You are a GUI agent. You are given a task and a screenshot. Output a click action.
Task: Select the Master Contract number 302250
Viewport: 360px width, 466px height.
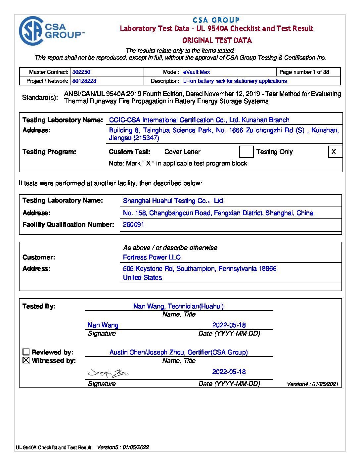pos(81,72)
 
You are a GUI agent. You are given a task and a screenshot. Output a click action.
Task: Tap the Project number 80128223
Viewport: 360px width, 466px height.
pos(84,81)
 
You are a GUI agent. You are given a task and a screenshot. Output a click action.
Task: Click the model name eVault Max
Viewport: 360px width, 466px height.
pos(197,72)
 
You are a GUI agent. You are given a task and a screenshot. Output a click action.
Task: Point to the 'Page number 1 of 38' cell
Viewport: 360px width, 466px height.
pos(304,72)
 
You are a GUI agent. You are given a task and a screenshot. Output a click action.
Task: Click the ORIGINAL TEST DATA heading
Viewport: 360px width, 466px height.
pos(217,40)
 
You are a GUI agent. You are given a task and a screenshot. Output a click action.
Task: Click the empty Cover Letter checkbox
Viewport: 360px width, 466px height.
pos(246,152)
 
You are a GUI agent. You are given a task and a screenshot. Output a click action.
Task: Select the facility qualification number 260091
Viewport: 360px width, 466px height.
pos(133,225)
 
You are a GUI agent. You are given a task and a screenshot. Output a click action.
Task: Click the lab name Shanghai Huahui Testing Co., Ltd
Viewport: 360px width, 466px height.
pos(173,201)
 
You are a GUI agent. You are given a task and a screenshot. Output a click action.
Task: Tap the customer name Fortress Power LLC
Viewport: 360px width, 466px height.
pos(152,257)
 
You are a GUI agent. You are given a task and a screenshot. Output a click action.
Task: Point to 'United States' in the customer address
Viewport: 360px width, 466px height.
pos(142,278)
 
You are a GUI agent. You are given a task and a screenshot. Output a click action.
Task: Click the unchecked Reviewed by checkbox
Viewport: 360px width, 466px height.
pos(26,352)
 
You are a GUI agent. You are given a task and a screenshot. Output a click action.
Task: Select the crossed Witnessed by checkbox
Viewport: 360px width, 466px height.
pos(26,360)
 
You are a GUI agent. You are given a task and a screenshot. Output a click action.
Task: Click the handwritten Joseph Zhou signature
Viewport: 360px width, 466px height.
pos(108,373)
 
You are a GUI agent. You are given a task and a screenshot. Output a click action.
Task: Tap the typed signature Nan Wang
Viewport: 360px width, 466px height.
pos(103,325)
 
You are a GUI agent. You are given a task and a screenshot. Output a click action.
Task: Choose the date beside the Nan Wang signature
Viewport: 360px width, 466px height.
pos(229,325)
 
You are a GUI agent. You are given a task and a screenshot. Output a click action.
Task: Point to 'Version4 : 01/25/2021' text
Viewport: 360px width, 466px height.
pos(313,384)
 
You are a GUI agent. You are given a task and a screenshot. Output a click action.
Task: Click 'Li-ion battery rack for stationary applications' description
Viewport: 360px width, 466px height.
pos(235,81)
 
